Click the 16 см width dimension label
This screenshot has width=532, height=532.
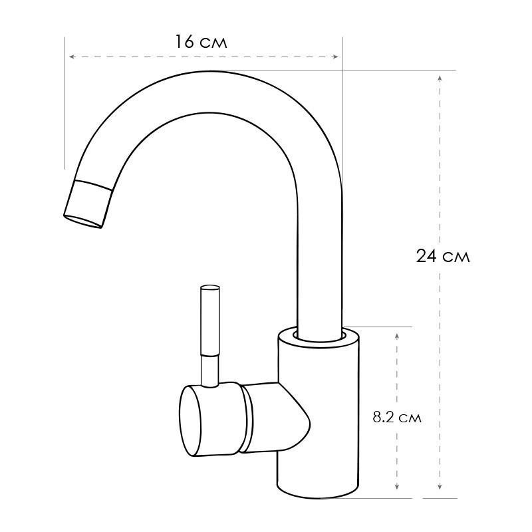click(x=201, y=42)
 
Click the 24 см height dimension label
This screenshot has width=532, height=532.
click(x=443, y=256)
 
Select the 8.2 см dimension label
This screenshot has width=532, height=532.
click(x=397, y=418)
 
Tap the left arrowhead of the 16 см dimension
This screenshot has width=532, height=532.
click(x=72, y=57)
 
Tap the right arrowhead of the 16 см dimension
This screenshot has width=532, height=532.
click(x=336, y=57)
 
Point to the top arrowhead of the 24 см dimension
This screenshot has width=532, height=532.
click(x=440, y=78)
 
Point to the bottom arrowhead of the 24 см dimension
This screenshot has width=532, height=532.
click(x=440, y=487)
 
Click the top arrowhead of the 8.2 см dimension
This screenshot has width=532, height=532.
click(x=397, y=336)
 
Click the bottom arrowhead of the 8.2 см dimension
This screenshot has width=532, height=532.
click(x=397, y=487)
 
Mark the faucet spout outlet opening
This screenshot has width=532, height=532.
click(x=82, y=221)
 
